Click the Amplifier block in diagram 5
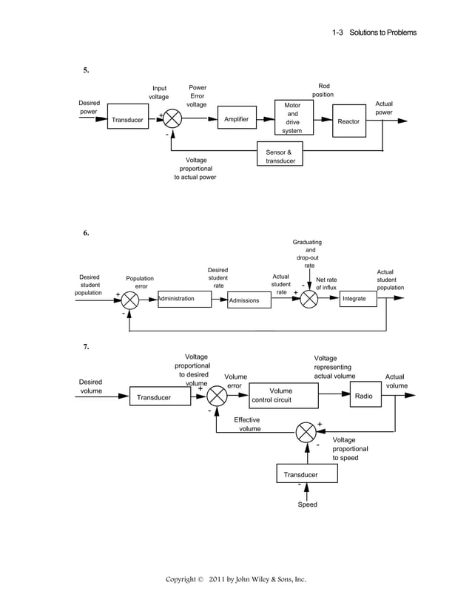point(237,119)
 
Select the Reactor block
point(348,121)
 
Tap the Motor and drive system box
point(293,118)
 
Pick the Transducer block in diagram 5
point(127,119)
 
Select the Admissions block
point(249,300)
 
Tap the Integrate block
point(357,299)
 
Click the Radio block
point(365,396)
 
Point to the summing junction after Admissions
point(309,299)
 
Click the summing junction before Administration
point(130,299)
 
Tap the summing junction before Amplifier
point(172,119)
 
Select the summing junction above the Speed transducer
point(306,433)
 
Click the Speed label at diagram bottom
point(307,504)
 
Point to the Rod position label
point(323,90)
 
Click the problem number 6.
point(86,233)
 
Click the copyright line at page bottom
point(235,579)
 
